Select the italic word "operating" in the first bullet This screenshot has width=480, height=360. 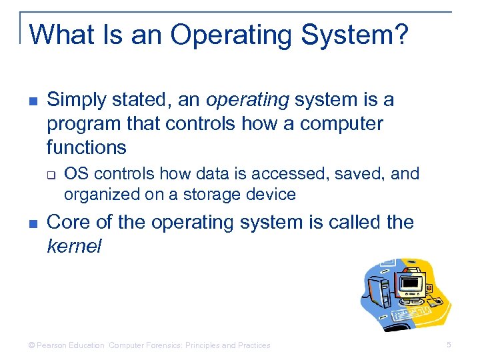pyautogui.click(x=247, y=100)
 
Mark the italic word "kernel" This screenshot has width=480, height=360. pyautogui.click(x=74, y=246)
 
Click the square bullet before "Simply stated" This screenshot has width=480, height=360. pyautogui.click(x=33, y=101)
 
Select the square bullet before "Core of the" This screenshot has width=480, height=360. pyautogui.click(x=33, y=223)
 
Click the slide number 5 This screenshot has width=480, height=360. pyautogui.click(x=449, y=345)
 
